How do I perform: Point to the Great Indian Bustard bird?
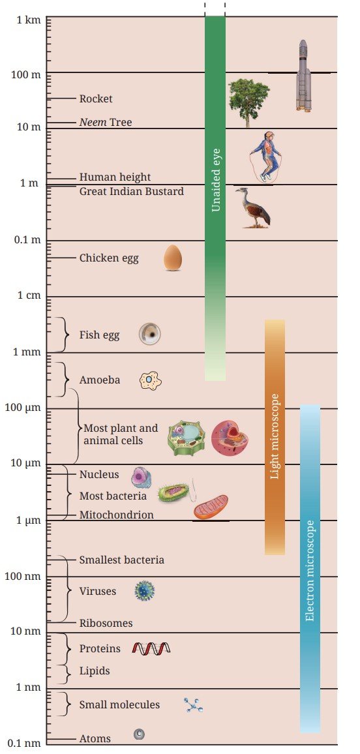click(253, 207)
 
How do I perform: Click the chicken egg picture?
click(173, 258)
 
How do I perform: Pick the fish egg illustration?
click(150, 334)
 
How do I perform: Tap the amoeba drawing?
click(150, 380)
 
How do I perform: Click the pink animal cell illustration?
click(230, 438)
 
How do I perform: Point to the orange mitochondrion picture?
click(211, 508)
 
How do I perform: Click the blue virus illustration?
click(144, 591)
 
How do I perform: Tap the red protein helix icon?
click(151, 649)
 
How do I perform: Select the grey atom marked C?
click(139, 734)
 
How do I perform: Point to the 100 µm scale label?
click(23, 408)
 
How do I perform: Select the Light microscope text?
click(275, 436)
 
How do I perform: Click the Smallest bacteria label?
click(121, 560)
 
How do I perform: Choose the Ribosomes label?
click(106, 623)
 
